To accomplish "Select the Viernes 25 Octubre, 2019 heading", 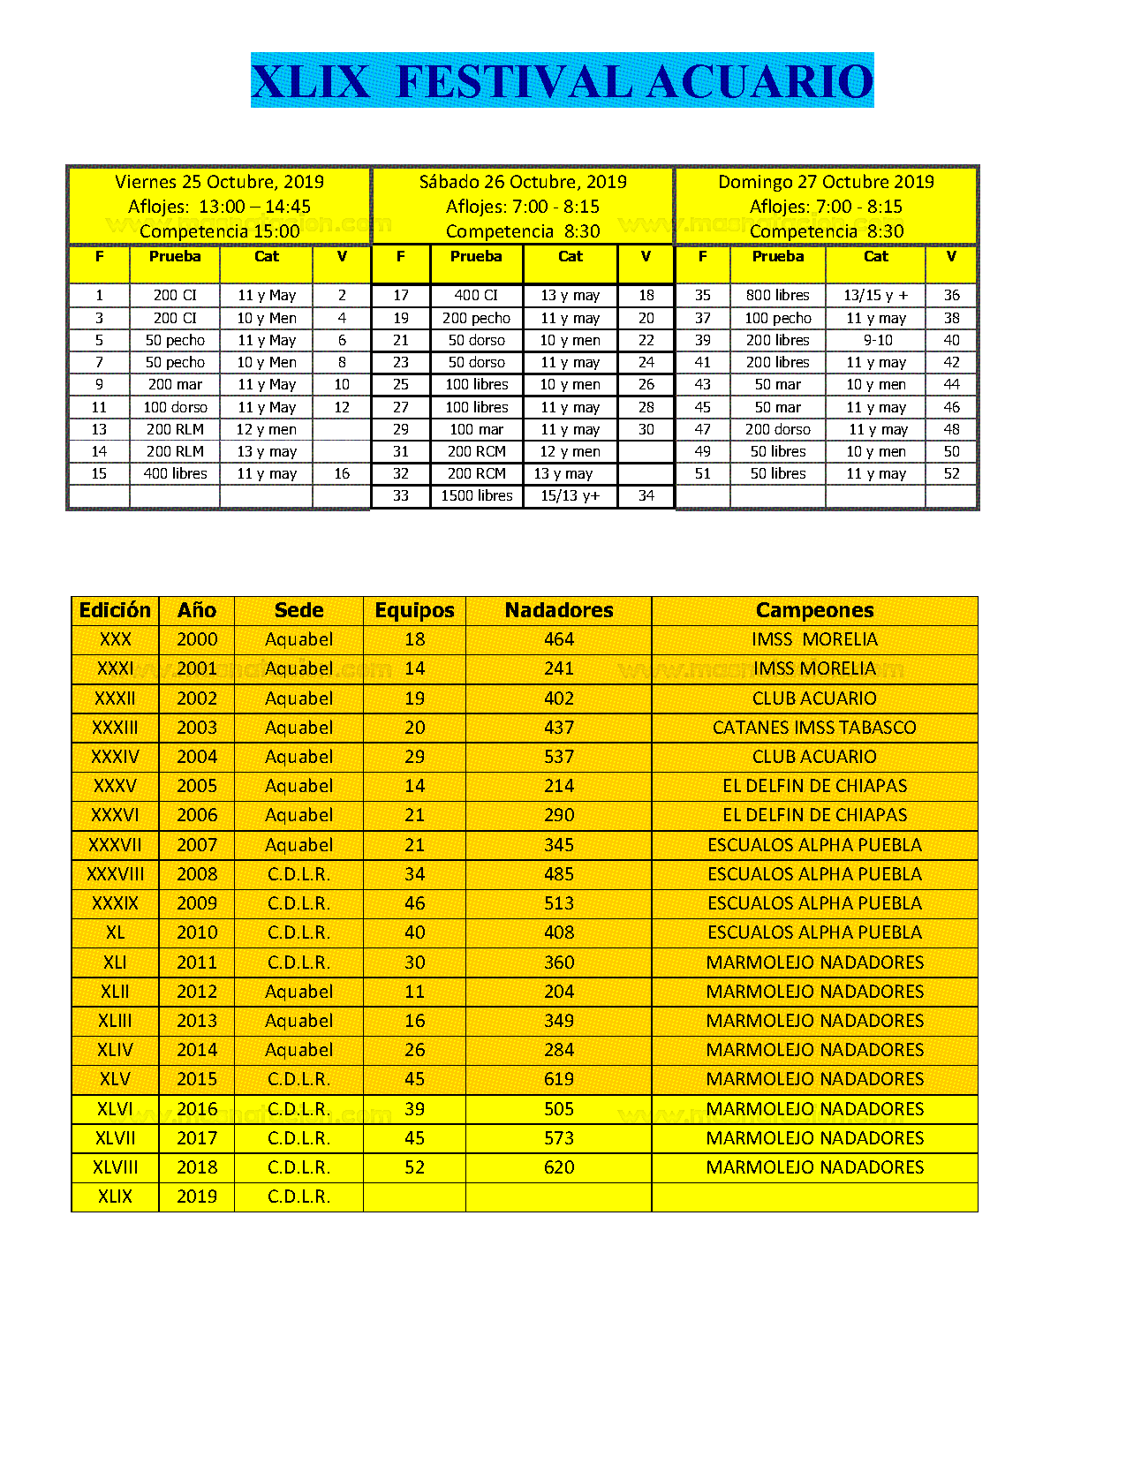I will (219, 182).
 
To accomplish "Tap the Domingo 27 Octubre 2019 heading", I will (826, 182).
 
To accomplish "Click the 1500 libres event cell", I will (477, 495).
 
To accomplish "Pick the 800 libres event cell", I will (777, 295).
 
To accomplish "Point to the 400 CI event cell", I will (477, 295).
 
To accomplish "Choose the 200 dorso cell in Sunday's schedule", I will (777, 429).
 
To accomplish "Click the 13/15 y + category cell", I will (875, 295).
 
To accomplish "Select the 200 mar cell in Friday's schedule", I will (175, 384).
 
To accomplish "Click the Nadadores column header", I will (559, 610).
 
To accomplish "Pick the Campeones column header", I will (814, 610).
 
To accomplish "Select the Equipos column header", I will (414, 610).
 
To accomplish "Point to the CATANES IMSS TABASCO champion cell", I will (814, 728).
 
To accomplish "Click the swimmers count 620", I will (559, 1167).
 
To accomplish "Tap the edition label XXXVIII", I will (116, 874).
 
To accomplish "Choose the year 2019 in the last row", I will (197, 1197).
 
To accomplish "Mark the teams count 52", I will (414, 1167).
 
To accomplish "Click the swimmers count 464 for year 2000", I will (559, 639).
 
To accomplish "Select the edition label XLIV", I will (116, 1050).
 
